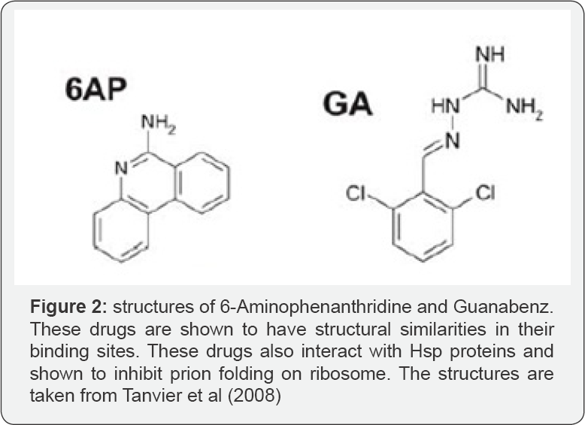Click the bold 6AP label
pyautogui.click(x=96, y=90)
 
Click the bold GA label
pyautogui.click(x=347, y=104)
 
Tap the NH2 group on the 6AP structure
pyautogui.click(x=158, y=123)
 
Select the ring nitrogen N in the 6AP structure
pyautogui.click(x=121, y=168)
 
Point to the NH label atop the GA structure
pyautogui.click(x=490, y=54)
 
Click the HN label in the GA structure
pyautogui.click(x=446, y=106)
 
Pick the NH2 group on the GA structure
pyautogui.click(x=524, y=108)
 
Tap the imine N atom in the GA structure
pyautogui.click(x=453, y=141)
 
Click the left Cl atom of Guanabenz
pyautogui.click(x=356, y=193)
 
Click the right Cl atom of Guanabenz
pyautogui.click(x=486, y=193)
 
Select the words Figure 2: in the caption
pyautogui.click(x=68, y=307)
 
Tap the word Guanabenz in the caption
pyautogui.click(x=504, y=307)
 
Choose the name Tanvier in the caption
pyautogui.click(x=150, y=396)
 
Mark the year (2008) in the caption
pyautogui.click(x=254, y=396)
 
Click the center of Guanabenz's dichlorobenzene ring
pyautogui.click(x=423, y=226)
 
